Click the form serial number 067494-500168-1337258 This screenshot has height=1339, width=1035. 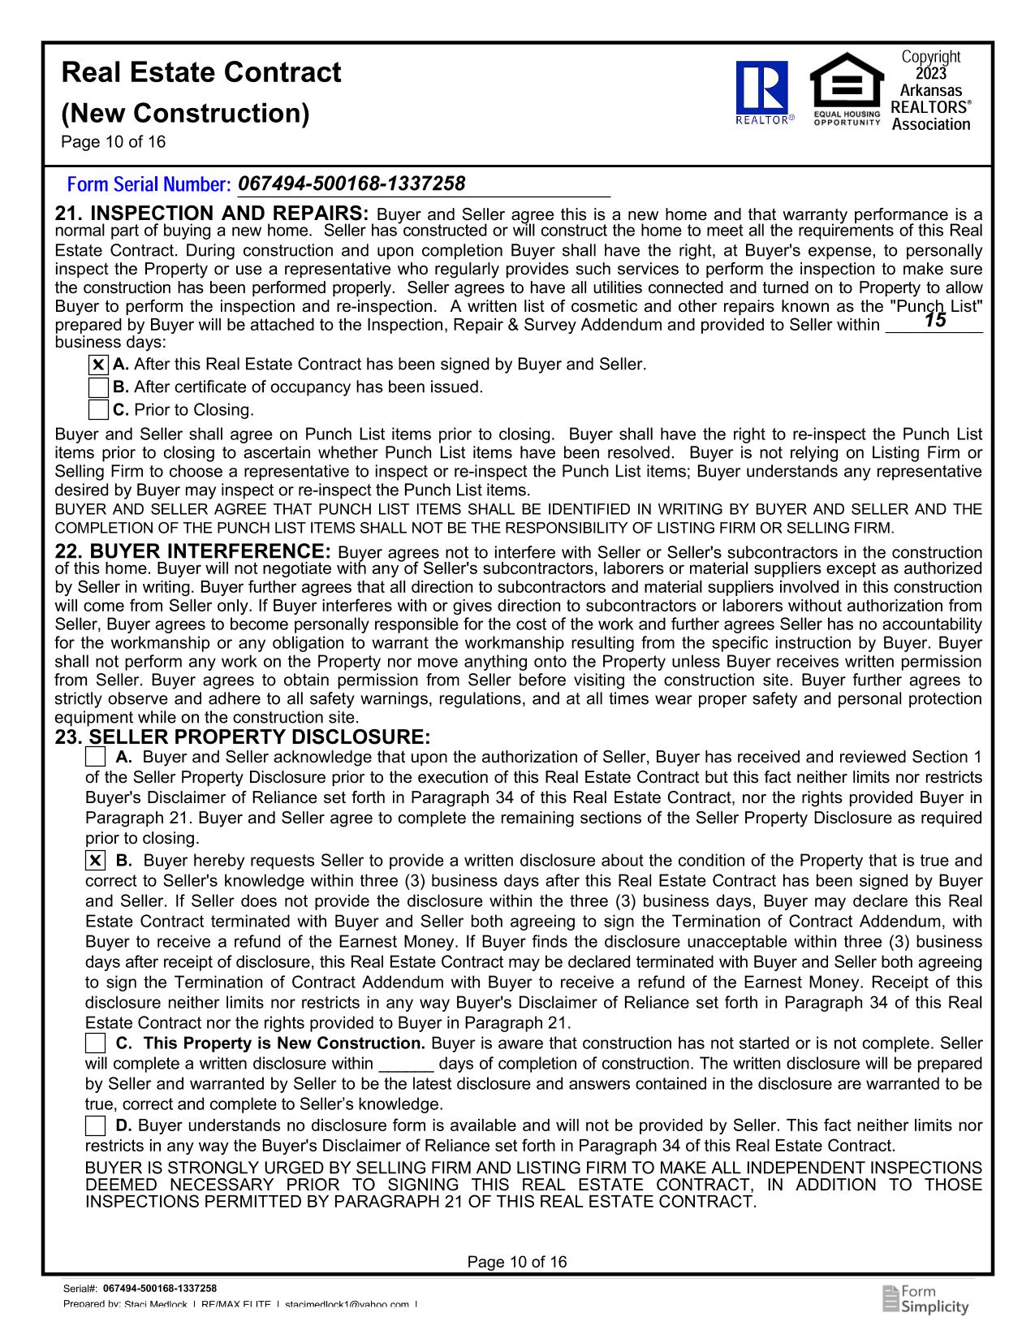tap(352, 184)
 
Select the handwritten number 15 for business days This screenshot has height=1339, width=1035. tap(934, 321)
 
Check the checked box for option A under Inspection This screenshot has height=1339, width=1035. tap(98, 365)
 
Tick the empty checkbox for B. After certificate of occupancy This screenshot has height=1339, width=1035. tap(98, 387)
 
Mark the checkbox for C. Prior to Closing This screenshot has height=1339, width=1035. tap(98, 410)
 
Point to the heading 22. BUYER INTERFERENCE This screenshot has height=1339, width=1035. tap(192, 552)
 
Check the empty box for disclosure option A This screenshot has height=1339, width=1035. tap(95, 758)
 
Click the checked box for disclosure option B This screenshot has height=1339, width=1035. tap(95, 861)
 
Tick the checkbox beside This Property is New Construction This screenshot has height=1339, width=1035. tap(95, 1043)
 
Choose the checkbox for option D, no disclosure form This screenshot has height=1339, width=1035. tap(95, 1125)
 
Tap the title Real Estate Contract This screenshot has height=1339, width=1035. tap(201, 73)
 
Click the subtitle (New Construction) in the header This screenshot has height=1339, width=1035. tap(186, 113)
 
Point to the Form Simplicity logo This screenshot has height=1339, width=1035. tap(925, 1299)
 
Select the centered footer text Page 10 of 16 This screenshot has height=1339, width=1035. tap(517, 1262)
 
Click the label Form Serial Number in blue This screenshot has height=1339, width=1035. tap(149, 185)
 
